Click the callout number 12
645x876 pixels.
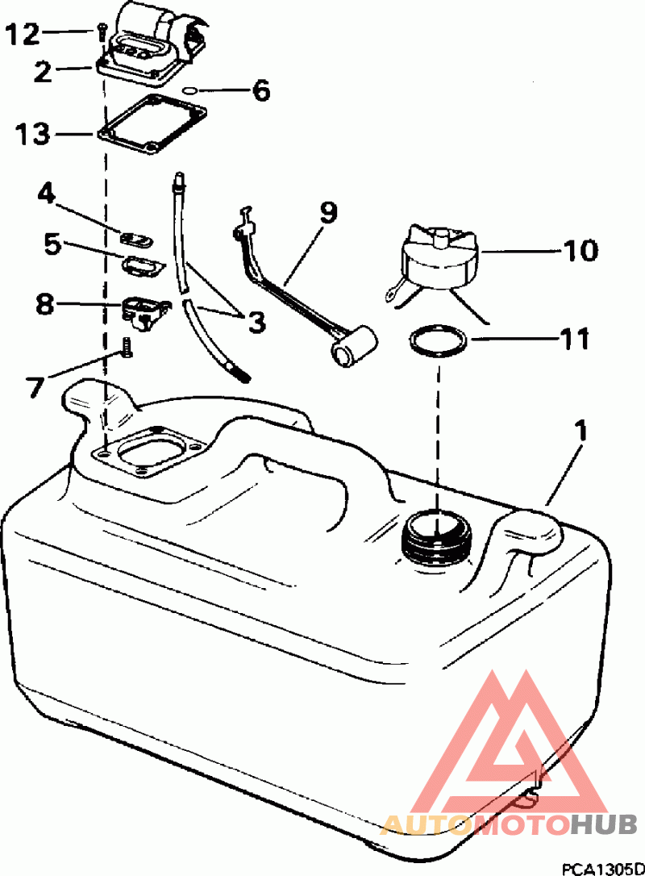pyautogui.click(x=23, y=34)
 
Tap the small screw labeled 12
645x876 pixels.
pyautogui.click(x=101, y=31)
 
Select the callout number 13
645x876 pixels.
pyautogui.click(x=32, y=135)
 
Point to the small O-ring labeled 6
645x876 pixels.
pyautogui.click(x=189, y=90)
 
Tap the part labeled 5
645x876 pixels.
pyautogui.click(x=143, y=265)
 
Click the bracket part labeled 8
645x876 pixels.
pyautogui.click(x=144, y=311)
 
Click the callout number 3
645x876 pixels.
pyautogui.click(x=256, y=322)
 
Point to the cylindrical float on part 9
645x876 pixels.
pyautogui.click(x=354, y=347)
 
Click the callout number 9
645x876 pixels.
pyautogui.click(x=328, y=214)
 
